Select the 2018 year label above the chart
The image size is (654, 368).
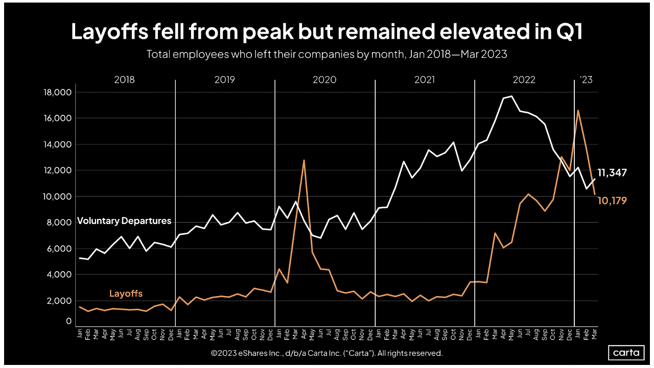124,80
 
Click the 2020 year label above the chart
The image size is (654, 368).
324,80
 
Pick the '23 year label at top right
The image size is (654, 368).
586,80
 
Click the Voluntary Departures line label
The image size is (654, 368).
124,221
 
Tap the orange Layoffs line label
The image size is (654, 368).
126,293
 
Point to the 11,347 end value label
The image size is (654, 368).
612,173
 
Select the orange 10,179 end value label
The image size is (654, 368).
612,201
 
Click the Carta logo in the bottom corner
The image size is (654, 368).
626,353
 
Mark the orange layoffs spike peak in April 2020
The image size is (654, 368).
304,160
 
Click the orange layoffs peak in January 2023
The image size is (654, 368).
578,110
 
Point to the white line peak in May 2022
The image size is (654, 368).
512,96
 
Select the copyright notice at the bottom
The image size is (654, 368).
326,353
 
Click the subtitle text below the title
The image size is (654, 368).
326,54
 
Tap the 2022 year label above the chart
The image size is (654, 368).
524,80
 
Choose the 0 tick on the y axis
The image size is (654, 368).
68,321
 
